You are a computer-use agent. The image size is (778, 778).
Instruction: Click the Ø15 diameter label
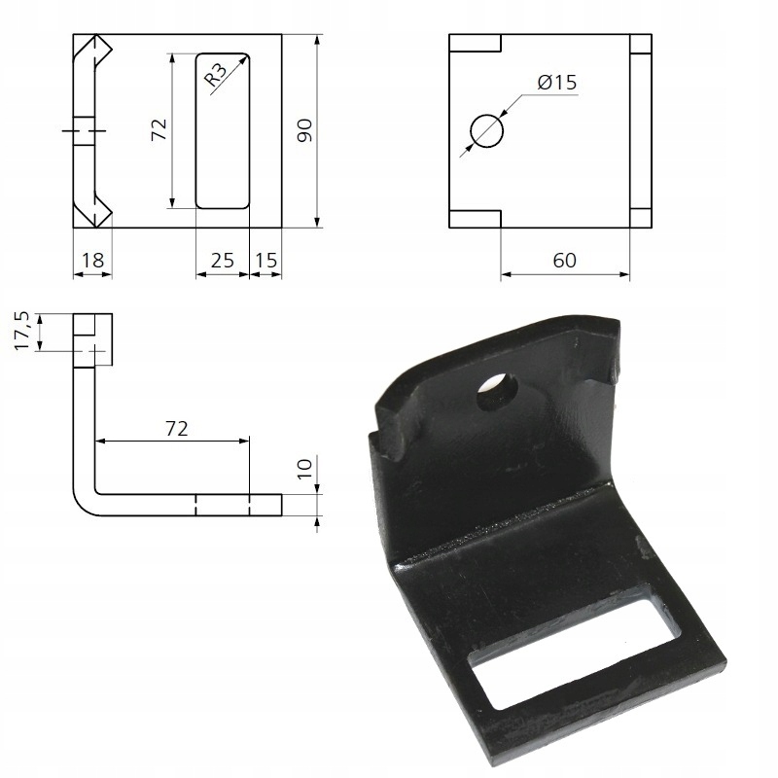coord(556,83)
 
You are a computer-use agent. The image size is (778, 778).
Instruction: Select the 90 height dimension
coord(303,130)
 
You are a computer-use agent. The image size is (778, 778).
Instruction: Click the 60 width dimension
coord(564,261)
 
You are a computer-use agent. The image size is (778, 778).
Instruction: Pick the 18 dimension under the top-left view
coord(92,260)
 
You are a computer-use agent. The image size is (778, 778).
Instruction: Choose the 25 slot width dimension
coord(223,260)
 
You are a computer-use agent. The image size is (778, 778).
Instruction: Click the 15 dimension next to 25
coord(265,260)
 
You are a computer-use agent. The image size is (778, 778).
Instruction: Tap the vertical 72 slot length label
coord(159,130)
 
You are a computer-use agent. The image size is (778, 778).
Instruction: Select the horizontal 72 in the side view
coord(176,428)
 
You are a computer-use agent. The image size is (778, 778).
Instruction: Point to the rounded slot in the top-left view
coord(223,130)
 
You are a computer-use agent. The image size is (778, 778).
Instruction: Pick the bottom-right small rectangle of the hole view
coord(640,218)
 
